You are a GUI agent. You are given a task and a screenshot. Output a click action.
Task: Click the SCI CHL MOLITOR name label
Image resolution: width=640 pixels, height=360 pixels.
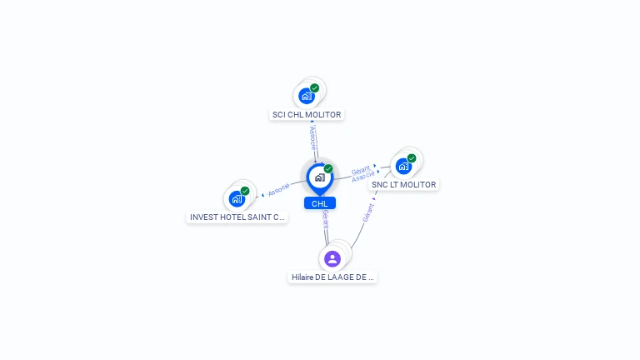(307, 114)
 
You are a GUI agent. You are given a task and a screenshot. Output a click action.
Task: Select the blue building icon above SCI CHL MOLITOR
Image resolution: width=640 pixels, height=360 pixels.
(307, 96)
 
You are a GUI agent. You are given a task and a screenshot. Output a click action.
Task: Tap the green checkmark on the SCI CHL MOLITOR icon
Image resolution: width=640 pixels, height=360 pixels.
(314, 87)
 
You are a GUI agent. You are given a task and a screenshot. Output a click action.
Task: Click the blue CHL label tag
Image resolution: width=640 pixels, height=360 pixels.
(319, 203)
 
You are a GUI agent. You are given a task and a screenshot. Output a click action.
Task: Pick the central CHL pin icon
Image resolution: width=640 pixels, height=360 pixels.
(319, 177)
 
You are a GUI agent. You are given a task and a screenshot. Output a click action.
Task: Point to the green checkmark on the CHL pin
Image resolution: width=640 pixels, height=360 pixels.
(328, 168)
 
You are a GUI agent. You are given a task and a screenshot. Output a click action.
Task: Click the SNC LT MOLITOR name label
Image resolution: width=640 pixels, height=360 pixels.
(403, 184)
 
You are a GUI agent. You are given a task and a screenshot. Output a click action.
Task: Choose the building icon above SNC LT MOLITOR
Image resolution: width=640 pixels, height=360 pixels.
(403, 166)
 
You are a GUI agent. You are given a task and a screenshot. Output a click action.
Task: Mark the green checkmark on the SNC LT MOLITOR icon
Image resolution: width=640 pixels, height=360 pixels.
(412, 157)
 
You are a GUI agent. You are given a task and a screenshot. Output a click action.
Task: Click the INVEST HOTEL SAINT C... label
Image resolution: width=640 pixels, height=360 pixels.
(237, 217)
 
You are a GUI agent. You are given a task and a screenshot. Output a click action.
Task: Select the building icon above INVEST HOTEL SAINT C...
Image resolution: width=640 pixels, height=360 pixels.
(237, 198)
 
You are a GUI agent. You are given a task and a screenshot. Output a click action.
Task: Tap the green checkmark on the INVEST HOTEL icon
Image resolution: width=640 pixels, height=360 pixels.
(245, 191)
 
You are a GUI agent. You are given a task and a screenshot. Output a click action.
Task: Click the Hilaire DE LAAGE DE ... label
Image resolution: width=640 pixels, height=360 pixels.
(332, 277)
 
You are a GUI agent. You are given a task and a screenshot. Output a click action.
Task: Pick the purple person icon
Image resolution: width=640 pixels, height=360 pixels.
(332, 258)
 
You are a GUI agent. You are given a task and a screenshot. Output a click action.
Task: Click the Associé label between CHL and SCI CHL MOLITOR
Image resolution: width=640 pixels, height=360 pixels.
(313, 137)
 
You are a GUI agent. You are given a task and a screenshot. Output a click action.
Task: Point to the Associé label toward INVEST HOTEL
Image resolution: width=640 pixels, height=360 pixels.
(278, 189)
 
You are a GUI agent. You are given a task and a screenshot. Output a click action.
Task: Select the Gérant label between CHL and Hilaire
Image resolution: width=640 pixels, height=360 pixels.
(326, 218)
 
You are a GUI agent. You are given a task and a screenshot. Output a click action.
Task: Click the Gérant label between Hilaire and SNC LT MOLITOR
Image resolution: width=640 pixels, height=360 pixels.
(367, 212)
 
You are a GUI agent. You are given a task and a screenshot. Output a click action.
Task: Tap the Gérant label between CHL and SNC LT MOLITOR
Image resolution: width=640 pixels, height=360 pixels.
(360, 169)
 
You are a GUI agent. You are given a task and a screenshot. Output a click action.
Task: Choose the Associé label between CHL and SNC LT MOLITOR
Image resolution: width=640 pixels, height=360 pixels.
(363, 177)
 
